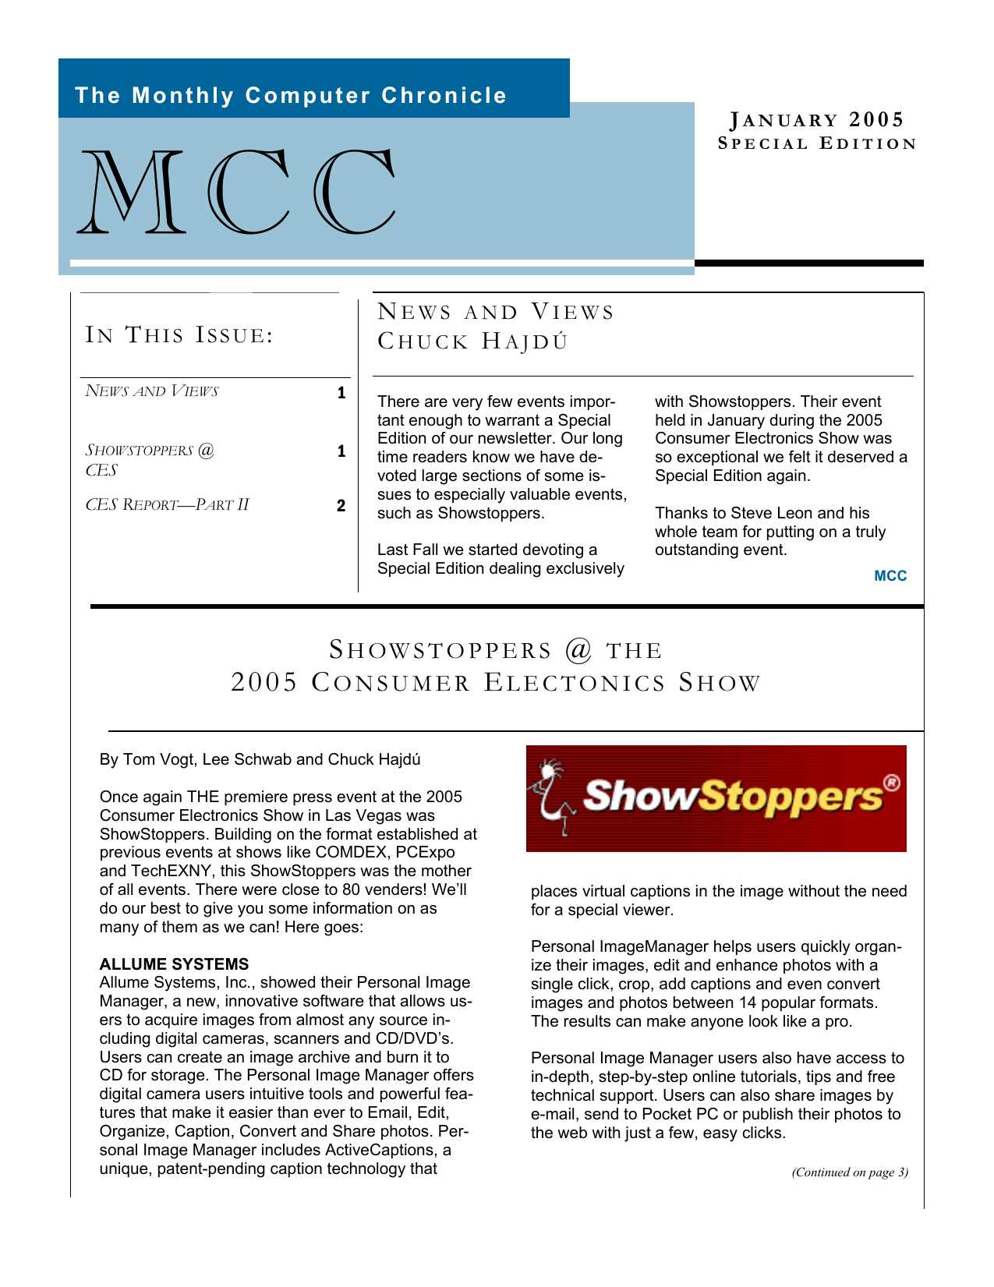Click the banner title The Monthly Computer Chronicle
click(x=291, y=96)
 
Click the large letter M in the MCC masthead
click(x=133, y=193)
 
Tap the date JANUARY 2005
click(x=816, y=120)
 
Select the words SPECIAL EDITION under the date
click(x=816, y=143)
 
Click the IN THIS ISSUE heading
click(x=179, y=335)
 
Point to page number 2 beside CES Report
click(x=341, y=506)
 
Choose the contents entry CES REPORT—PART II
click(x=167, y=505)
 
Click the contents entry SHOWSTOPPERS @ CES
click(x=149, y=460)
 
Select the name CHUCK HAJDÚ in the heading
click(x=472, y=341)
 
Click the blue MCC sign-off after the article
click(x=890, y=576)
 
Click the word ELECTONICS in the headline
click(x=575, y=683)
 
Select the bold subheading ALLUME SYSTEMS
click(x=174, y=964)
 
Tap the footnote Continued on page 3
click(x=850, y=1172)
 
